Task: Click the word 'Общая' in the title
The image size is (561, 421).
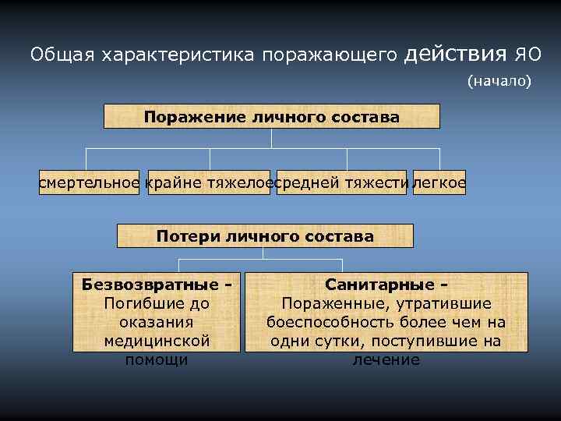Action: pos(55,55)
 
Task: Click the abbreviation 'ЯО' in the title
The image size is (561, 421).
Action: pos(527,55)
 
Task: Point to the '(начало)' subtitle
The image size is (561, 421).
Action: pos(499,80)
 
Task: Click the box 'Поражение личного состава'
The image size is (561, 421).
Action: pos(271,117)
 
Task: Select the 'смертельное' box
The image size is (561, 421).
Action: pos(89,182)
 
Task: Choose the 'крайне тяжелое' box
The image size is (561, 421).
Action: pos(207,182)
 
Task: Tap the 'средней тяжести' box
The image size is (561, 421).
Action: pos(341,182)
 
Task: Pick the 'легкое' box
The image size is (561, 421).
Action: pos(439,182)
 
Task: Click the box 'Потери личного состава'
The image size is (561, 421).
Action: pos(265,235)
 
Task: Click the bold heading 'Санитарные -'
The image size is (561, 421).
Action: pos(386,285)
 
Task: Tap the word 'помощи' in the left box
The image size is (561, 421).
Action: pos(157,359)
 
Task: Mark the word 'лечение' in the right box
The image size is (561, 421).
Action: pos(386,359)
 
